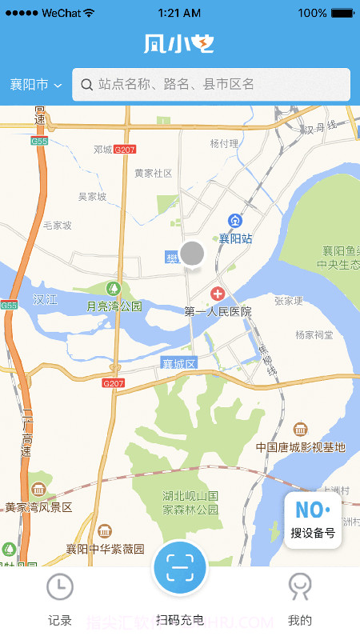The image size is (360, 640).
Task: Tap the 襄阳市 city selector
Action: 35,85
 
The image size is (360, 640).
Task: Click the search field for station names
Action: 211,84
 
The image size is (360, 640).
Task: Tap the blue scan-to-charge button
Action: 180,569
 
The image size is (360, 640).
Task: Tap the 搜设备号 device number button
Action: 313,520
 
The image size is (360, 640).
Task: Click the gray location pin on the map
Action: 192,254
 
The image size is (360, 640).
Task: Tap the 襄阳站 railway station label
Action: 236,238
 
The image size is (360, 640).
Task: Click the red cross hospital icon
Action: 217,294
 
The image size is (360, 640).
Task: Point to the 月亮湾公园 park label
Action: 114,306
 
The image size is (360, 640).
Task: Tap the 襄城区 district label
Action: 179,363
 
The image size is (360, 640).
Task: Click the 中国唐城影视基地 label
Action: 301,446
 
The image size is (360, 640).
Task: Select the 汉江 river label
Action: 46,299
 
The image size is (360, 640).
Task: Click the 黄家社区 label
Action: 153,173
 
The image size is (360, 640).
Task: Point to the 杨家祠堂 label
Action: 314,334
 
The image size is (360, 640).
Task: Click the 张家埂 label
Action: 289,300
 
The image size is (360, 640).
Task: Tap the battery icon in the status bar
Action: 342,13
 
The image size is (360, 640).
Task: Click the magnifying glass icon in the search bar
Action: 86,84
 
